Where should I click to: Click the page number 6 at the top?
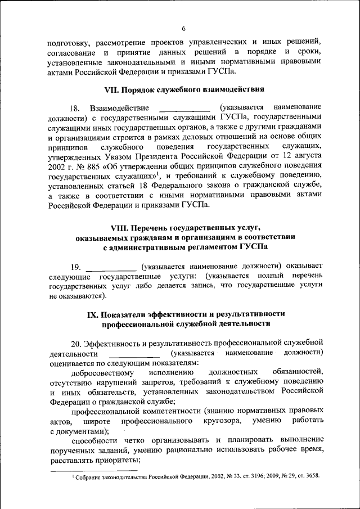point(183,29)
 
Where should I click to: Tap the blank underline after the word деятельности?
point(134,354)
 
